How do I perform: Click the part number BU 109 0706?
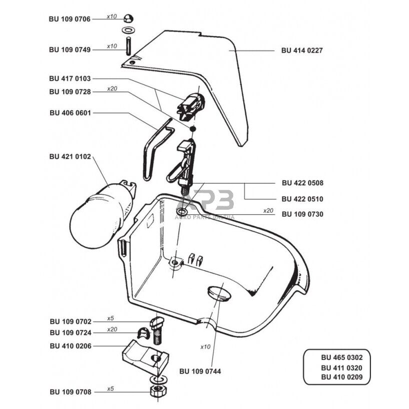tap(70, 19)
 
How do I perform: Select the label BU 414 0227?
tap(302, 51)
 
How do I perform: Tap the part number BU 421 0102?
tap(70, 156)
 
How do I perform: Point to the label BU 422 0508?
tap(302, 183)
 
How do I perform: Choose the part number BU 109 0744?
tap(200, 371)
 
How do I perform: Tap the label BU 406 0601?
tap(70, 113)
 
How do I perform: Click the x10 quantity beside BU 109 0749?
tap(111, 46)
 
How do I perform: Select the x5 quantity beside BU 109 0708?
tap(111, 388)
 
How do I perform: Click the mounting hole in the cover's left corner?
tap(132, 63)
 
